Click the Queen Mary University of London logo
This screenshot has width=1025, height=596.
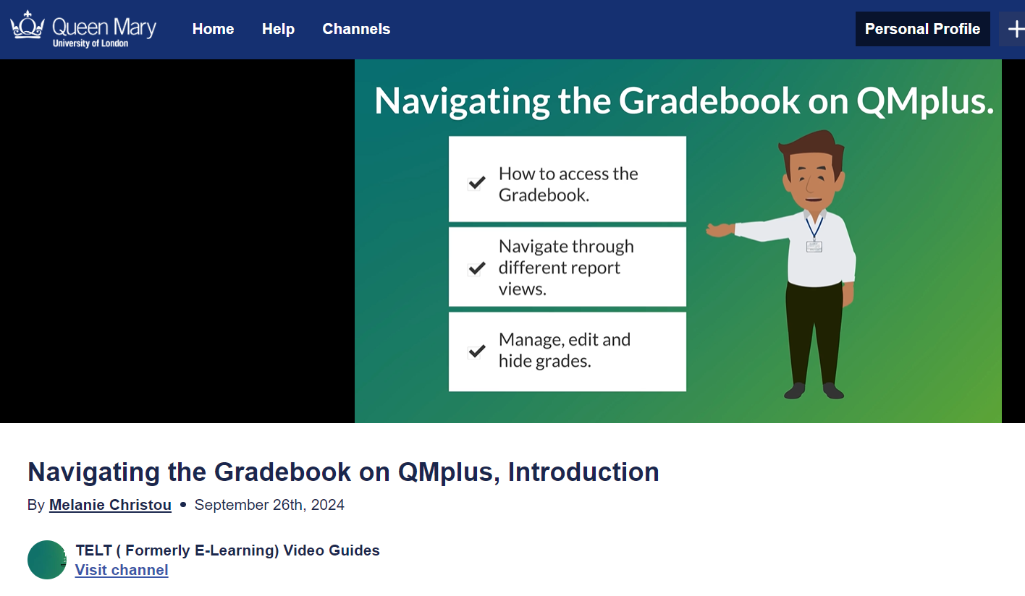pos(83,29)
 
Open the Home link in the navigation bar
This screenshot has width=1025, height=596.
pos(213,29)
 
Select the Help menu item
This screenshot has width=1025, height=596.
pos(278,29)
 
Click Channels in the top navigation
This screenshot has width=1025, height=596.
pos(356,29)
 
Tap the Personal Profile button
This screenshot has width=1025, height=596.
pos(922,29)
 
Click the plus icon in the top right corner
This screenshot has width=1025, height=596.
pos(1015,29)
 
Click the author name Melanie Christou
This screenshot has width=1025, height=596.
pos(110,505)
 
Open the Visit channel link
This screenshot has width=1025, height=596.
pos(122,570)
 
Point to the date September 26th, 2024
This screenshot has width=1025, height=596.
pos(269,505)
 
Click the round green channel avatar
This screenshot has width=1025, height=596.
pos(47,560)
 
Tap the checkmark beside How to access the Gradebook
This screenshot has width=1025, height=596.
pos(476,183)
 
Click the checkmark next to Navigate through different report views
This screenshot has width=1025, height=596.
pos(476,268)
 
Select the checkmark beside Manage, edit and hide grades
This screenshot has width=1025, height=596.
pos(476,352)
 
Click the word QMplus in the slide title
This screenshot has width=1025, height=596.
pos(924,101)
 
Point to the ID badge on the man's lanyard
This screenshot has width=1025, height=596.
pos(814,247)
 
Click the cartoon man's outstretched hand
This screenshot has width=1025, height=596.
pos(719,230)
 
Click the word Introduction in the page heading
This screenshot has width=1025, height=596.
pos(583,472)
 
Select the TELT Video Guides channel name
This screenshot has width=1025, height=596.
pos(227,550)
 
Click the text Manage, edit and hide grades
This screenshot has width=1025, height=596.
pos(564,350)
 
